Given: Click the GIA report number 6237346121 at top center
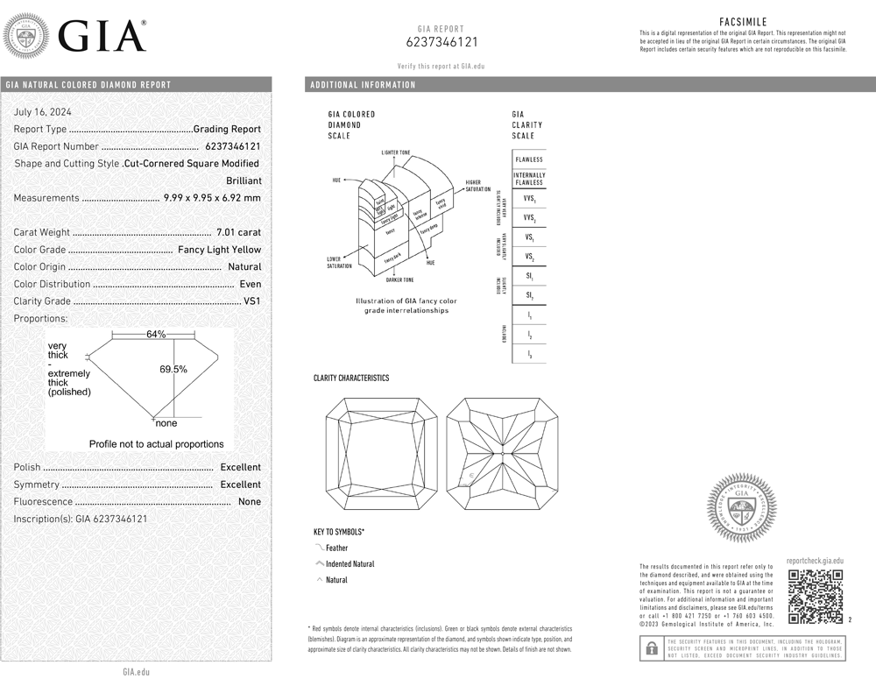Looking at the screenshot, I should pos(442,42).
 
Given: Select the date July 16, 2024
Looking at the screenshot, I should pos(43,112).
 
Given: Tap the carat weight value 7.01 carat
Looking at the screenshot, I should pos(238,232).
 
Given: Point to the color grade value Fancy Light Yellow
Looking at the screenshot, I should pos(219,250).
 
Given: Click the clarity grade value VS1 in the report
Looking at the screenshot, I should pos(252,301).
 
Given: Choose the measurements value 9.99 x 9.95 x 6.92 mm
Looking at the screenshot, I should pos(212,198).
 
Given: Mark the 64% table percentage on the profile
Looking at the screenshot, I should pos(156,335).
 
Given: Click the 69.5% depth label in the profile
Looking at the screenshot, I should pos(173,370).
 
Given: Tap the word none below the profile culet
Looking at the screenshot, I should pos(166,424).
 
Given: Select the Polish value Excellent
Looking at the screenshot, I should pos(240,468).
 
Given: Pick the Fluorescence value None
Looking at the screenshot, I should pos(249,502).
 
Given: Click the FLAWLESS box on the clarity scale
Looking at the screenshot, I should pos(529,159).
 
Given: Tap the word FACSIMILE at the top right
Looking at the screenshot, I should pos(744,20).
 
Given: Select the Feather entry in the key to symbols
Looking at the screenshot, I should pos(336,548).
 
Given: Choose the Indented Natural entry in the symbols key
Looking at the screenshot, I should pos(350,564).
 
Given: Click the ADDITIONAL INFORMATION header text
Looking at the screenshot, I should pos(363,85).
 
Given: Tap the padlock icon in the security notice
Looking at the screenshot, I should pos(651,648).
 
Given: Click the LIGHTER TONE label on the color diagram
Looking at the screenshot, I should pos(396,152).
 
